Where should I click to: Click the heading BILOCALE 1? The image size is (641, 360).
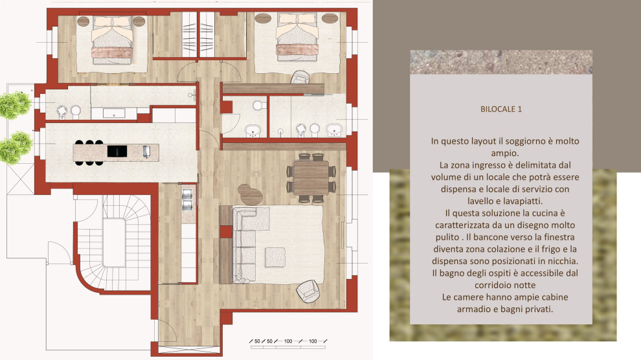click(500, 109)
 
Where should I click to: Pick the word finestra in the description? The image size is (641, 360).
click(558, 237)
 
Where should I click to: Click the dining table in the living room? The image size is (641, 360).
click(311, 177)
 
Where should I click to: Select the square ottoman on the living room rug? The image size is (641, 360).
click(275, 257)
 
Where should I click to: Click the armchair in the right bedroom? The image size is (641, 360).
click(302, 77)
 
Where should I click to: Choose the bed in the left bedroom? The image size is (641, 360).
click(112, 40)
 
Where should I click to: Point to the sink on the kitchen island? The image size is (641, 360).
click(147, 152)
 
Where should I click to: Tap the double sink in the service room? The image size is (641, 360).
click(187, 200)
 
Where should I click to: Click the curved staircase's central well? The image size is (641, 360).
click(114, 243)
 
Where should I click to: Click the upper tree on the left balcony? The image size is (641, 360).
click(15, 105)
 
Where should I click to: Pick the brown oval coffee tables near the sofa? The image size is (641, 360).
click(250, 194)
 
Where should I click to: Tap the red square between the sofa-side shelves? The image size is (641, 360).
click(226, 232)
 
